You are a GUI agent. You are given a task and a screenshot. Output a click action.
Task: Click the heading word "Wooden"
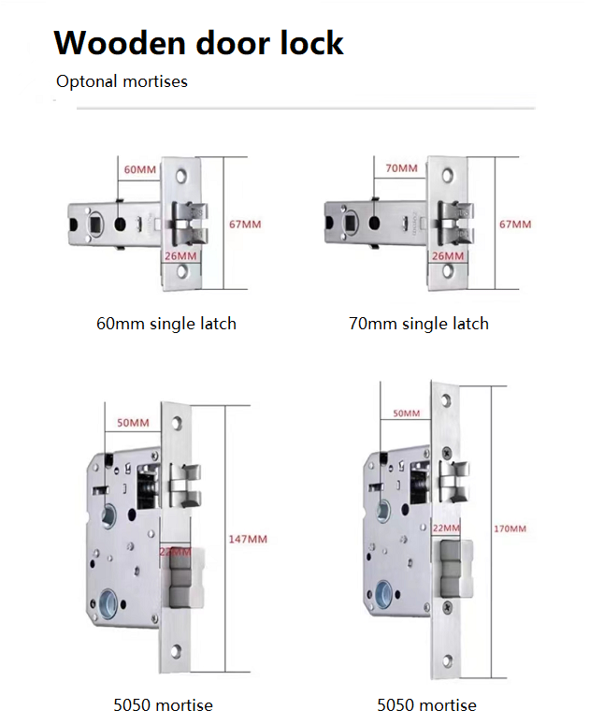pos(111,43)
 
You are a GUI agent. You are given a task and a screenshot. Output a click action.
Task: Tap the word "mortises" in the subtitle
pos(155,82)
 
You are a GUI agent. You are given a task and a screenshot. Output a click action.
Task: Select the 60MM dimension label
pos(140,169)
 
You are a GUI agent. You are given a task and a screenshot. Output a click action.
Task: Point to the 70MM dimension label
pos(402,168)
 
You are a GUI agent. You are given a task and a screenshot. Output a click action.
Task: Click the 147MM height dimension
pos(248,539)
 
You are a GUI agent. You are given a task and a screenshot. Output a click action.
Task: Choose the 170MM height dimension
pos(510,529)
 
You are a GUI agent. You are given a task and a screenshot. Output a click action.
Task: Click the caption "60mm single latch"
pos(166,324)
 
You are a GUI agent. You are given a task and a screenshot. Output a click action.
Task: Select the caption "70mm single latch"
pos(418,324)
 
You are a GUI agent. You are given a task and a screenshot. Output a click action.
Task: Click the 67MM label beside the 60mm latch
pos(245,224)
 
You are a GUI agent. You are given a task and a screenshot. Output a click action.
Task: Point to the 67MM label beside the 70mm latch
pos(514,225)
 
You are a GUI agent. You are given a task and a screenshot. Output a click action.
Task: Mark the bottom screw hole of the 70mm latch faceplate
pos(448,271)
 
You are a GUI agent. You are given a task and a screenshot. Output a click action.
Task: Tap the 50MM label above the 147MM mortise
pos(133,423)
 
